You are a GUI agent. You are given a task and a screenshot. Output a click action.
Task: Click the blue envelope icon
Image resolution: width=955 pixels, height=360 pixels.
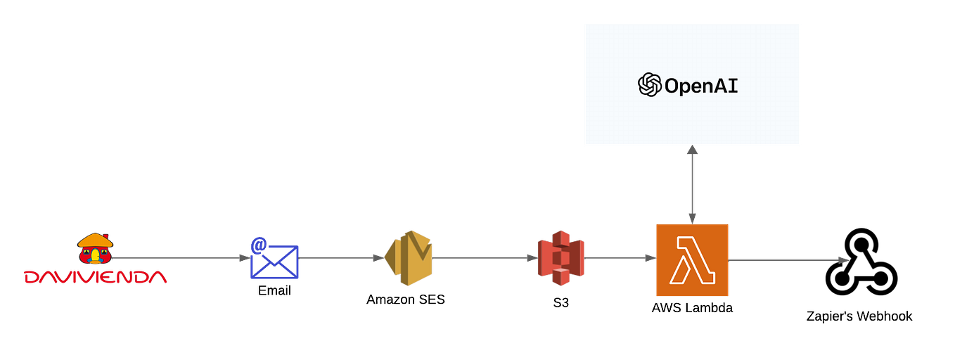pyautogui.click(x=275, y=261)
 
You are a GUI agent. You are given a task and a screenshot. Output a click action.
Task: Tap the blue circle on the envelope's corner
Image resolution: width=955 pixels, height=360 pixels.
pyautogui.click(x=258, y=244)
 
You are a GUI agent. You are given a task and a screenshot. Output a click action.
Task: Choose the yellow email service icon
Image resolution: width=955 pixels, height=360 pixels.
pyautogui.click(x=410, y=257)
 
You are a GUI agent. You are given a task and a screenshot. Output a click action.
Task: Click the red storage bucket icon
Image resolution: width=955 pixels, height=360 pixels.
pyautogui.click(x=560, y=258)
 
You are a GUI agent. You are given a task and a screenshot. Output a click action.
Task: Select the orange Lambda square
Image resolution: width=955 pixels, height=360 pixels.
pyautogui.click(x=692, y=259)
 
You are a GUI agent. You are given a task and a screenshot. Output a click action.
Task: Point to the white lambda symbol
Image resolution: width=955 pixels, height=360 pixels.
pyautogui.click(x=692, y=259)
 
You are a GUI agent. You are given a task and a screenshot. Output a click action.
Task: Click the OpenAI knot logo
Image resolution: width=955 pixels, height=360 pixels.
pyautogui.click(x=649, y=85)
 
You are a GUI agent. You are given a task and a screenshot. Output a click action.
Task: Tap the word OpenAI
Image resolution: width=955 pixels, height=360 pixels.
pyautogui.click(x=701, y=86)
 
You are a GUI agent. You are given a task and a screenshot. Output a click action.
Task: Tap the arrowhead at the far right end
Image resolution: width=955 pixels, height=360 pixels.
pyautogui.click(x=844, y=259)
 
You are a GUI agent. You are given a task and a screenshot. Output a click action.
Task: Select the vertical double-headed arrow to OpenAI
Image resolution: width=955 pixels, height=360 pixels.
pyautogui.click(x=693, y=184)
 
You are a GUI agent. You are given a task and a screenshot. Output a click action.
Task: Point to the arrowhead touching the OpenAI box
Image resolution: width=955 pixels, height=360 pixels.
pyautogui.click(x=693, y=150)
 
